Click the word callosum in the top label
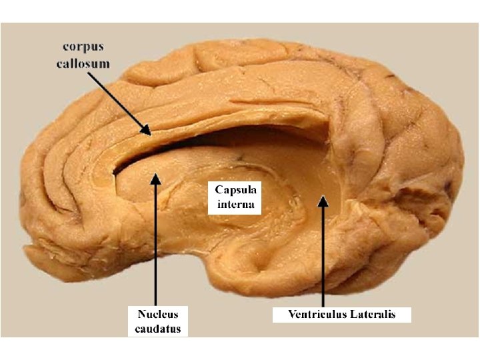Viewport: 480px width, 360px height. pos(86,63)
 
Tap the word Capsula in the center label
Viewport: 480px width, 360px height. pos(235,190)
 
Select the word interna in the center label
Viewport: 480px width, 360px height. pos(235,204)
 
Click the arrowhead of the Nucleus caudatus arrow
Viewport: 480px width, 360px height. pos(155,178)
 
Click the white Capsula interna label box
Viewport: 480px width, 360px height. pos(235,197)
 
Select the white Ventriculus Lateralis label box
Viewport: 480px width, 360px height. pos(342,314)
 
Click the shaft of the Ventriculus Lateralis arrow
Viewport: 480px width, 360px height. pos(323,260)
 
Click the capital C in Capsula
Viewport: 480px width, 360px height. pos(218,190)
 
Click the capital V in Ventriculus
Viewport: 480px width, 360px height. pos(292,314)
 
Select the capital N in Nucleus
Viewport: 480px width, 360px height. pos(142,313)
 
